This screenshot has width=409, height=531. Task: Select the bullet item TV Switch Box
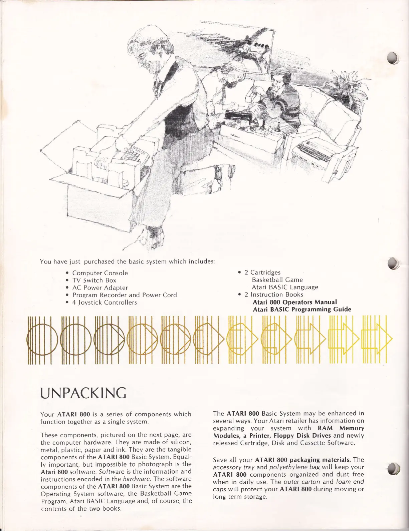tap(94, 280)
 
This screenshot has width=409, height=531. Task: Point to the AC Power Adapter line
tap(100, 288)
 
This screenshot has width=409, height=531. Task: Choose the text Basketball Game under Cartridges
tap(277, 280)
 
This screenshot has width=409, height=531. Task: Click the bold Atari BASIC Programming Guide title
tap(301, 310)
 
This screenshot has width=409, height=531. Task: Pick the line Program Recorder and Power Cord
tap(125, 295)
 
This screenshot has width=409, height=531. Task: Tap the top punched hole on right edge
tap(394, 58)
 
